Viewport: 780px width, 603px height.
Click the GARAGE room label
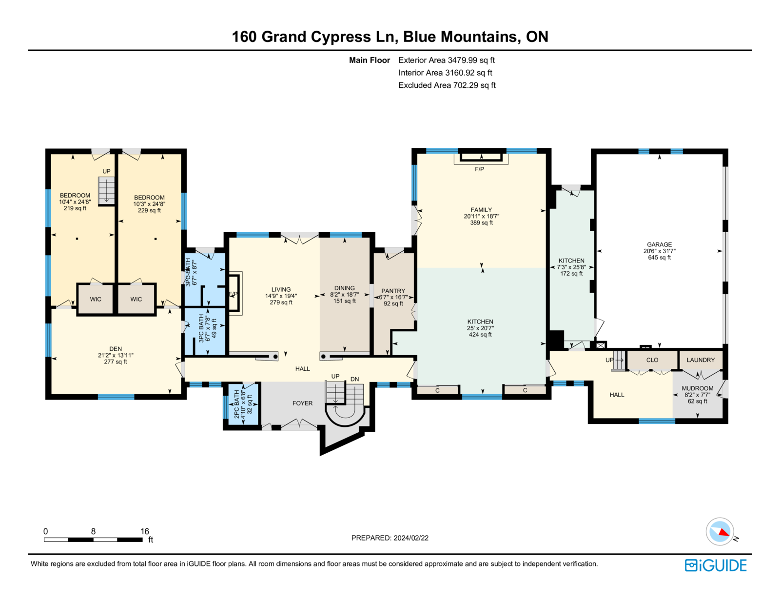point(659,244)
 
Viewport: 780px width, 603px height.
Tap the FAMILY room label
point(481,210)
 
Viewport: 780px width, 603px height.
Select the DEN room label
point(115,349)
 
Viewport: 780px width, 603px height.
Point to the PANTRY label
point(393,291)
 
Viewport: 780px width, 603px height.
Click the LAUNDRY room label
point(701,360)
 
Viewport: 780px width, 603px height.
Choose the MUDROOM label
point(697,388)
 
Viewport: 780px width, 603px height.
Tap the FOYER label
point(302,403)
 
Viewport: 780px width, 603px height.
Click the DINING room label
point(344,288)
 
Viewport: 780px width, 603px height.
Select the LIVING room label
point(281,289)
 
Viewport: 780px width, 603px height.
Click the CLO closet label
point(652,360)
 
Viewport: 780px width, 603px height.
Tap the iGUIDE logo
point(715,565)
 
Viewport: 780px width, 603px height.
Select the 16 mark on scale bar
point(145,531)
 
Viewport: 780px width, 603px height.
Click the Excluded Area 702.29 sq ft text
point(447,85)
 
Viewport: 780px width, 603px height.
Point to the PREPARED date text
point(390,538)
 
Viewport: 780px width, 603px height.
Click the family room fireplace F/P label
point(479,169)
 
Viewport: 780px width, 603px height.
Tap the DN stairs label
point(354,379)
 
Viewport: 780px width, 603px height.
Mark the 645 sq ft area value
point(659,258)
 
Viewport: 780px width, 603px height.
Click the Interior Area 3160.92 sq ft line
point(445,73)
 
